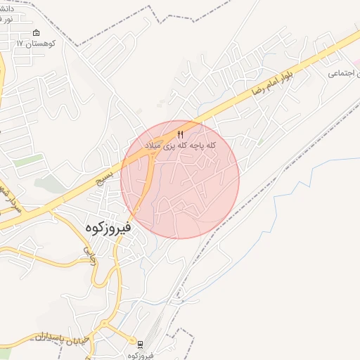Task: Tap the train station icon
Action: (x=140, y=345)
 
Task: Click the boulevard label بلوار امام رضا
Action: (x=268, y=83)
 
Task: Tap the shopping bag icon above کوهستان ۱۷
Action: (x=37, y=33)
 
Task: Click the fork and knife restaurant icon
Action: (x=181, y=134)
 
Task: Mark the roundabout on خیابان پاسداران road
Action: (x=105, y=326)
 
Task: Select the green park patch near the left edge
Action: (x=27, y=161)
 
